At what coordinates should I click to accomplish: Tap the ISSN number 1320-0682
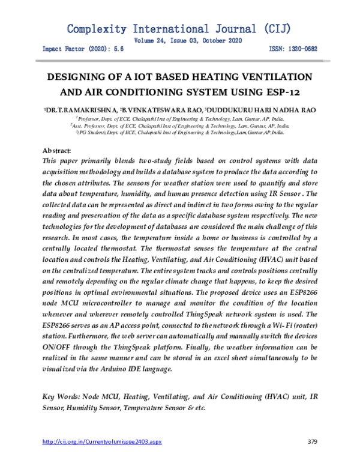coord(302,50)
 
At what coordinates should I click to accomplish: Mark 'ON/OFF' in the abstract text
coord(58,348)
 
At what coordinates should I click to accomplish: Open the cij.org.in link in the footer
coord(101,442)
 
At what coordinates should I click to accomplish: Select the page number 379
coord(311,442)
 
